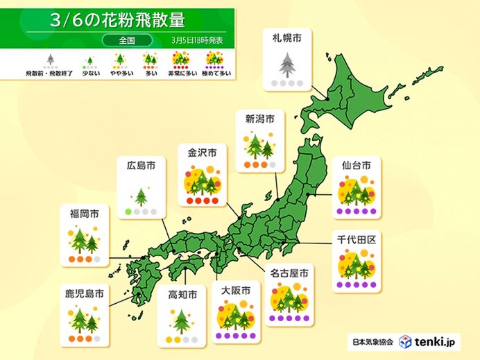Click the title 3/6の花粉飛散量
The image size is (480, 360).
pos(118,20)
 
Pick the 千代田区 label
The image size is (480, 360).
pos(356,239)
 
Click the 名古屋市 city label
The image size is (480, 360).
pos(290,273)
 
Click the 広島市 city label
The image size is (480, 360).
pos(141,166)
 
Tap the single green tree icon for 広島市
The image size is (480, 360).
pos(141,196)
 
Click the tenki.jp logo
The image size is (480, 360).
pos(430,341)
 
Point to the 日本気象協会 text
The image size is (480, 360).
pos(371,342)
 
